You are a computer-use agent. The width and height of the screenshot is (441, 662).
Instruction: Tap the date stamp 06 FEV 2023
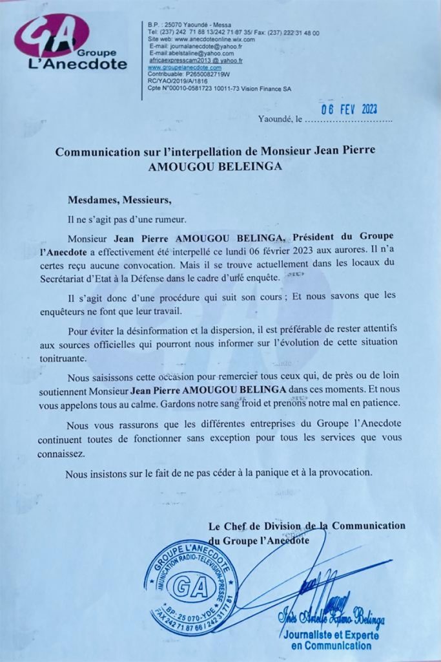pyautogui.click(x=349, y=109)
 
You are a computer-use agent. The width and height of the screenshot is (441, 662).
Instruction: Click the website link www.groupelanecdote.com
pyautogui.click(x=185, y=67)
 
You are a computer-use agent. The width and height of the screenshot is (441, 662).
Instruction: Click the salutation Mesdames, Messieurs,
pyautogui.click(x=120, y=199)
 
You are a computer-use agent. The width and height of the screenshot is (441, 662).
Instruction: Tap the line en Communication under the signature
pyautogui.click(x=333, y=645)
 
